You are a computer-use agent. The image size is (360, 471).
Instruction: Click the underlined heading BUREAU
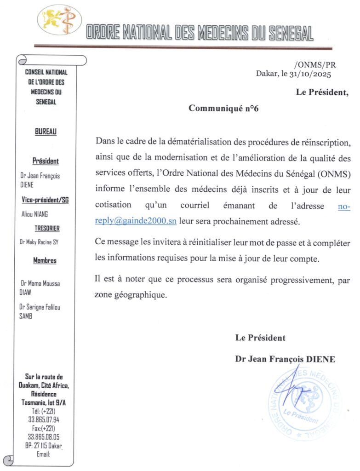[46, 132]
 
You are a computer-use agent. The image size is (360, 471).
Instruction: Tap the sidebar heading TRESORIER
[47, 228]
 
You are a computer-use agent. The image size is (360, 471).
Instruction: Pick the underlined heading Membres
[45, 261]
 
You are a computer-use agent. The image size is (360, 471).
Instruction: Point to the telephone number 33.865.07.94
[44, 419]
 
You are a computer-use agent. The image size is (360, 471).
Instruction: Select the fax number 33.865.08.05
[44, 437]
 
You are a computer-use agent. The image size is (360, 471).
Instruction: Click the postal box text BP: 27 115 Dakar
[43, 446]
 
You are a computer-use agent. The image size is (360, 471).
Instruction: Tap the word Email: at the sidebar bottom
[43, 454]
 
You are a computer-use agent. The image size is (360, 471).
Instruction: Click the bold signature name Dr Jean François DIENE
[285, 360]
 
